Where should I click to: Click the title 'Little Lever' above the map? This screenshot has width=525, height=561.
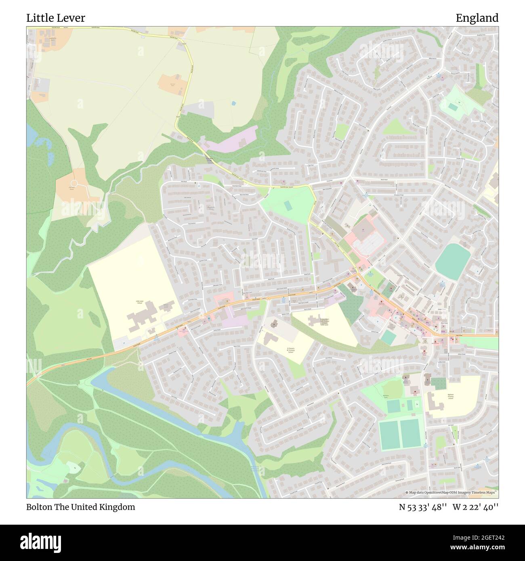56,18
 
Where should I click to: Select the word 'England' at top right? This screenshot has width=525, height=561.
477,18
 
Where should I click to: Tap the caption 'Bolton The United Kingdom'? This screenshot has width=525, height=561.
81,507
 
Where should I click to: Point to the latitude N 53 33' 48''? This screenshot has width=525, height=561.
423,507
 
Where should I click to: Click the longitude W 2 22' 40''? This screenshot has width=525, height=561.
476,507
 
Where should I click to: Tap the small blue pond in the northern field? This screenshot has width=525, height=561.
233,103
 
